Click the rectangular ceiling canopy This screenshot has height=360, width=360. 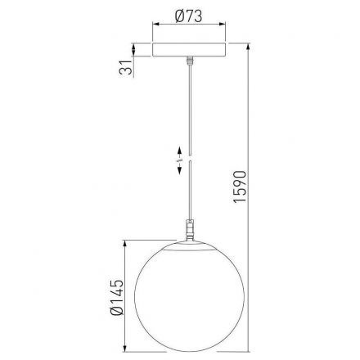[x=190, y=50]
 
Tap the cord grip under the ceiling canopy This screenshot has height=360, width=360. [x=190, y=61]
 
